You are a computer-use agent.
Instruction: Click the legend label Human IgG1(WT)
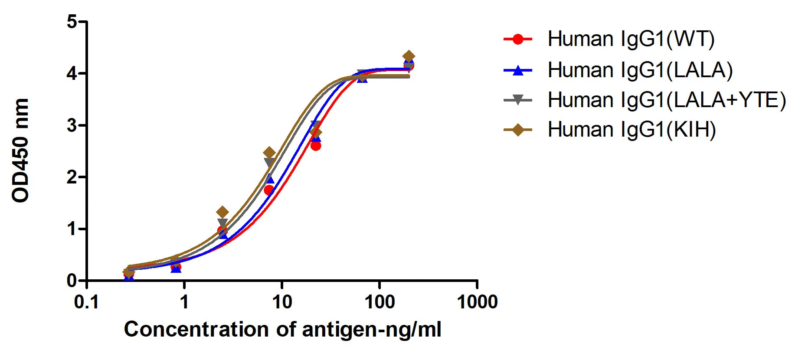point(631,39)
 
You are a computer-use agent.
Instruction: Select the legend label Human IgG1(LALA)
point(640,70)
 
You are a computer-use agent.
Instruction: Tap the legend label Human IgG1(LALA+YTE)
point(666,100)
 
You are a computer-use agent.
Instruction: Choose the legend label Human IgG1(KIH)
point(632,130)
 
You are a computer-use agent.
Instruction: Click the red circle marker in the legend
point(517,39)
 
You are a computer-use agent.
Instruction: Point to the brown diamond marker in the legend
point(517,130)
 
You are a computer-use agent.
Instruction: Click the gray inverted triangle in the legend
point(517,100)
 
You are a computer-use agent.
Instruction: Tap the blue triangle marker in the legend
point(517,70)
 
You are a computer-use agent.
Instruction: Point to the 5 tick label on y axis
point(72,22)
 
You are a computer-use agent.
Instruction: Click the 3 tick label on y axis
point(72,126)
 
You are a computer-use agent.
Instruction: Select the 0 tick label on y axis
point(72,281)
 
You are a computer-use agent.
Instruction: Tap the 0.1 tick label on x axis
point(87,302)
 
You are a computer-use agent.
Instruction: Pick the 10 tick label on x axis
point(282,302)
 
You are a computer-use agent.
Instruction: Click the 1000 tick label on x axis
point(477,302)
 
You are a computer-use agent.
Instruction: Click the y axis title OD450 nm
point(20,151)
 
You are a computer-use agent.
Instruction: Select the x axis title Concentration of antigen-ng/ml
point(282,330)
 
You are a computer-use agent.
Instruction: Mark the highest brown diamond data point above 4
point(408,56)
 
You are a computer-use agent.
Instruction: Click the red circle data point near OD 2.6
point(316,146)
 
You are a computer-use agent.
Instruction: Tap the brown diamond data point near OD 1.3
point(222,212)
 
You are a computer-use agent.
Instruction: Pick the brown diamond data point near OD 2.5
point(269,153)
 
